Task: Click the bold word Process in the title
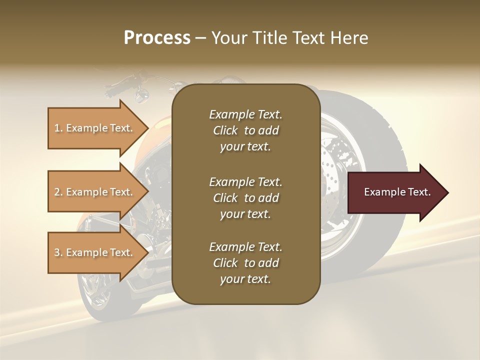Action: click(157, 38)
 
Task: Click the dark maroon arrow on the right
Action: click(397, 192)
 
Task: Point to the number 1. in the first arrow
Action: click(58, 128)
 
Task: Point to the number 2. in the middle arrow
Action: click(58, 192)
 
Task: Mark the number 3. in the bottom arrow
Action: click(58, 252)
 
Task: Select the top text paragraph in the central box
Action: click(245, 130)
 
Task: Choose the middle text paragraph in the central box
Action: click(245, 198)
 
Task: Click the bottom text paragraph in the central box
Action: click(245, 263)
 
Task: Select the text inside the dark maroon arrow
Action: click(397, 192)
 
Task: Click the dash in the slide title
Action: click(201, 38)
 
